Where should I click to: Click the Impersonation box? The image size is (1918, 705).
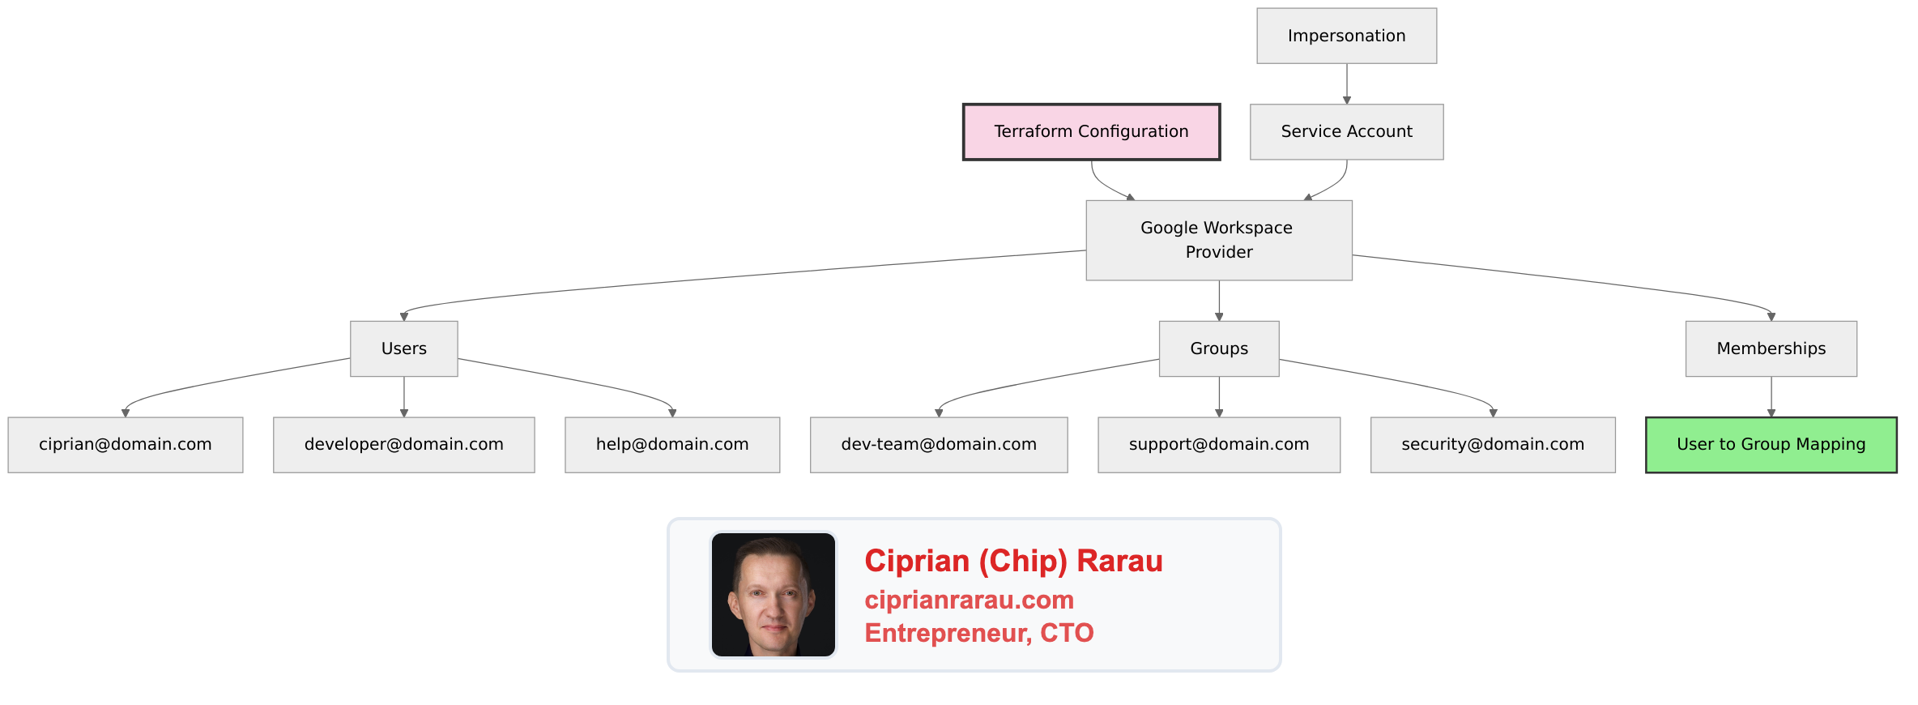(1346, 36)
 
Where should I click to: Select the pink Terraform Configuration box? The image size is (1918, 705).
(1091, 131)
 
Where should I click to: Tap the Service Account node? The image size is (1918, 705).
(1346, 131)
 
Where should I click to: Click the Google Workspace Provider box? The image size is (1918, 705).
(1218, 240)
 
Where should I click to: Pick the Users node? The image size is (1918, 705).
(403, 348)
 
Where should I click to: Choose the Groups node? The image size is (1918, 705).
(1218, 348)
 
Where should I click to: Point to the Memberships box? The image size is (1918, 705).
(1771, 348)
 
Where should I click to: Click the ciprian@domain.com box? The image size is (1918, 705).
(125, 444)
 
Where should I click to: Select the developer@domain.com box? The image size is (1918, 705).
(403, 444)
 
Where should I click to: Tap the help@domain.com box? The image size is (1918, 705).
(671, 444)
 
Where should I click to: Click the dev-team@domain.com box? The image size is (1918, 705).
(938, 444)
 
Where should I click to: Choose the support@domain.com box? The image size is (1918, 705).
(1218, 444)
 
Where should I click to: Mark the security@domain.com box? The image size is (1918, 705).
(1492, 444)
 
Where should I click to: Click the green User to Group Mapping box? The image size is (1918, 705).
(1771, 444)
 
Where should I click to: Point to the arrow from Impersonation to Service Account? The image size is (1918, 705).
(1347, 83)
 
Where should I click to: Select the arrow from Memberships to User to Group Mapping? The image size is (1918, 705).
(1771, 395)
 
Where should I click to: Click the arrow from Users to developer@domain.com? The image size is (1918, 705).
(404, 395)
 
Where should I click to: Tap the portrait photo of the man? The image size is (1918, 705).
(773, 594)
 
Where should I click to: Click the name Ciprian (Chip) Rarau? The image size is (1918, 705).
(1012, 561)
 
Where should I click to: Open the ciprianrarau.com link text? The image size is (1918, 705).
(969, 600)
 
